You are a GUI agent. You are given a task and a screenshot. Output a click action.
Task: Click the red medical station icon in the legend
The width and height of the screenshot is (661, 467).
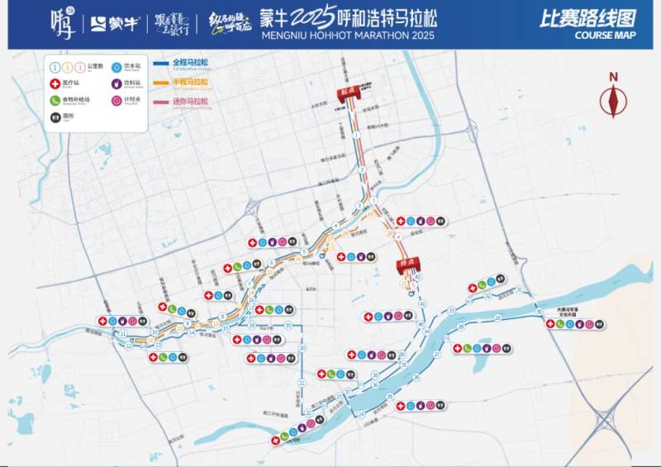(55, 83)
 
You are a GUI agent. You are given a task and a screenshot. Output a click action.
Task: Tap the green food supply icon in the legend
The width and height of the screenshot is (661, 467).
(55, 99)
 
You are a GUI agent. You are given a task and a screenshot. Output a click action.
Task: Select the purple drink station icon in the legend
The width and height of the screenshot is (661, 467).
(114, 83)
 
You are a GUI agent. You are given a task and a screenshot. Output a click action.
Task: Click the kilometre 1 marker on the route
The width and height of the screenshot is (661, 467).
(355, 134)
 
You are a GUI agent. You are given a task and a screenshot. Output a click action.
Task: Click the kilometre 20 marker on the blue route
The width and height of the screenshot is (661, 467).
(302, 348)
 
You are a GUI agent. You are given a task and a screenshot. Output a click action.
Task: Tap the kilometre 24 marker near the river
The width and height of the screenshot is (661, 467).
(362, 412)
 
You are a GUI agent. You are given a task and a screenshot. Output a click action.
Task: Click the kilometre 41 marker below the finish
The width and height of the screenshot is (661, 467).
(423, 305)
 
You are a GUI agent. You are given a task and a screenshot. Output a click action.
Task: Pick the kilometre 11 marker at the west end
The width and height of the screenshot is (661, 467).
(122, 333)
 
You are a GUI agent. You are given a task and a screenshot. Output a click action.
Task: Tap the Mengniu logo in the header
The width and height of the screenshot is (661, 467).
(112, 23)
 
